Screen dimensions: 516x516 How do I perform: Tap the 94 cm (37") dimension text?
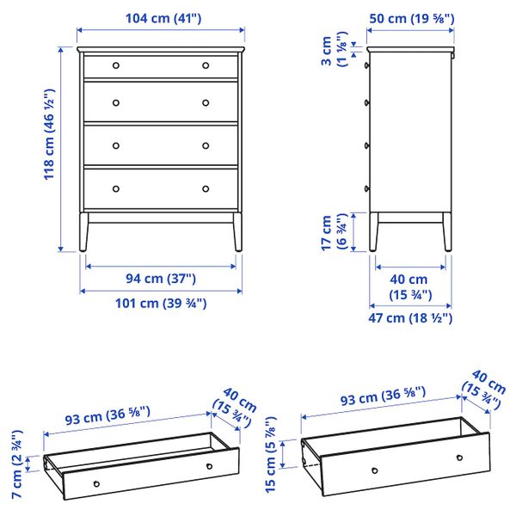point(161,278)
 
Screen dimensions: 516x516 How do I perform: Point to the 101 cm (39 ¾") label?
point(161,303)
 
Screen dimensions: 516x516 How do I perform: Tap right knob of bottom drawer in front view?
point(206,188)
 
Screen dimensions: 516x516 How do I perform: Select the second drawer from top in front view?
point(161,102)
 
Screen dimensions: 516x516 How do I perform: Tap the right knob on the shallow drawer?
point(209,465)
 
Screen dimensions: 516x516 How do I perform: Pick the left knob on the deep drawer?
point(374,470)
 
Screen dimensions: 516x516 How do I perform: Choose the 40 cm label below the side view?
point(409,287)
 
